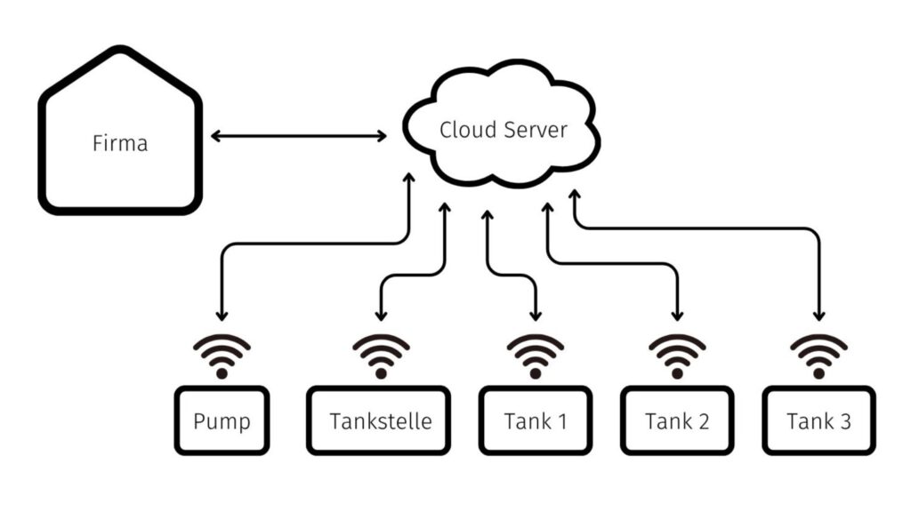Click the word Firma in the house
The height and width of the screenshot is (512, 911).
pos(120,142)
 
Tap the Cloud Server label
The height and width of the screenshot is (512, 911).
pos(503,130)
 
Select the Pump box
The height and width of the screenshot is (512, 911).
pos(222,420)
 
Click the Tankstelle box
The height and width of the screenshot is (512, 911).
pos(380,420)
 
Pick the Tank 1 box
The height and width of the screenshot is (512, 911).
pos(535,420)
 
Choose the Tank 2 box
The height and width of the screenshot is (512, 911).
pos(677,420)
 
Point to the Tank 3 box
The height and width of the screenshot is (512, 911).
pos(818,420)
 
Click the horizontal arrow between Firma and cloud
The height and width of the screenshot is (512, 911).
pos(299,136)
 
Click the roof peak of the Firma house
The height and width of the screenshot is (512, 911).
pos(120,52)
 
